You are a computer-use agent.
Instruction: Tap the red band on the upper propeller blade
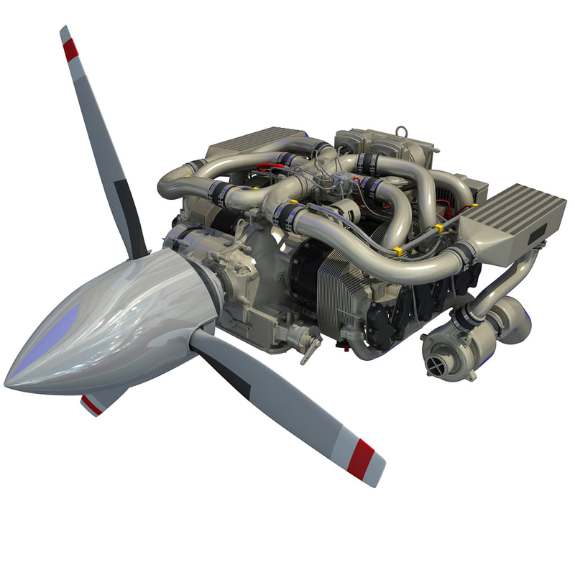point(70,50)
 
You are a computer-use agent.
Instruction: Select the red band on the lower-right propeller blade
point(360,457)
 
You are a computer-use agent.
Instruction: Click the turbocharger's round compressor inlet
point(436,365)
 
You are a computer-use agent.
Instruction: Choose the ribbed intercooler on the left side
point(248,144)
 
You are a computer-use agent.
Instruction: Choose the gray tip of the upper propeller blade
point(65,32)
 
